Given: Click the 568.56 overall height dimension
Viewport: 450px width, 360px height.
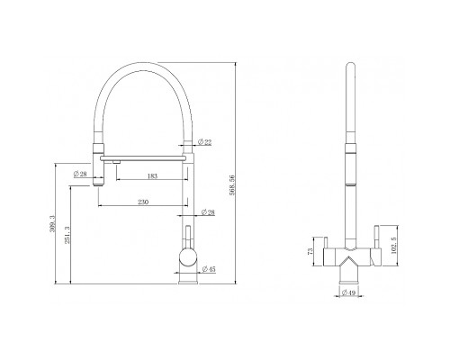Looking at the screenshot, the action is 232,185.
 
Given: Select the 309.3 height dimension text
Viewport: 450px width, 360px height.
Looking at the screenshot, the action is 53,224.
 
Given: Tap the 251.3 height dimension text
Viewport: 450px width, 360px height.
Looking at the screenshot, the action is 67,235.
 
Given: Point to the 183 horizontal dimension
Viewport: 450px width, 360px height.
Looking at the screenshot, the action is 152,176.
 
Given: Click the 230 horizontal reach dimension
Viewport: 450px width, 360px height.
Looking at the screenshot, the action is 143,202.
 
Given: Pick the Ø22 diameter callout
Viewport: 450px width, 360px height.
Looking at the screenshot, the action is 205,142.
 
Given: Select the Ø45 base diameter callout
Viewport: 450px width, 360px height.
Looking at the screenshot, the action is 209,269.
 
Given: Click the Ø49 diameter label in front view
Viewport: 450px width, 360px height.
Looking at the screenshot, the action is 348,292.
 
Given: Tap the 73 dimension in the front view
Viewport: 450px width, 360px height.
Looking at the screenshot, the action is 310,251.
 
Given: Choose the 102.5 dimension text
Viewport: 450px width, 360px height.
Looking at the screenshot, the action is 394,246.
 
